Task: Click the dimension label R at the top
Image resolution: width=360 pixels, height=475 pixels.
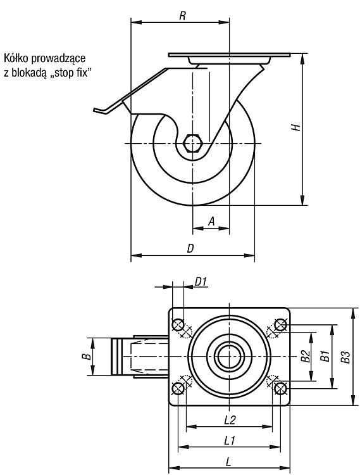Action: (182, 16)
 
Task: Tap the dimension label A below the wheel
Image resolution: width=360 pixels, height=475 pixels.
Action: (211, 221)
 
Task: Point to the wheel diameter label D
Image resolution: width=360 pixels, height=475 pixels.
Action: (190, 248)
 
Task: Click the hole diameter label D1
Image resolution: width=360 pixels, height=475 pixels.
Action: (201, 282)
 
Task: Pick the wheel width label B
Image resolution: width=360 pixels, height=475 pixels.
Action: (87, 356)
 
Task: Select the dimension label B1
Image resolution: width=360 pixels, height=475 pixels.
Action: (325, 356)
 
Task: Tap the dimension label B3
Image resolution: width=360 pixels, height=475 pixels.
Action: (345, 357)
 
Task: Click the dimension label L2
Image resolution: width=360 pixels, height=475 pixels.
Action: (230, 420)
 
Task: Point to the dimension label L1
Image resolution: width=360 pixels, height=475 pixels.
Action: (230, 440)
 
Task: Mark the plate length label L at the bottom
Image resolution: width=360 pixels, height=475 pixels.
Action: (228, 462)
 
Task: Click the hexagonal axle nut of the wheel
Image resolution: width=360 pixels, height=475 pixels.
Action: (192, 143)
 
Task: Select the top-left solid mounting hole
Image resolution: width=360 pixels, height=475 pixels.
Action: (178, 325)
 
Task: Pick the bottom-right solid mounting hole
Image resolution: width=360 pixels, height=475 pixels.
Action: (280, 388)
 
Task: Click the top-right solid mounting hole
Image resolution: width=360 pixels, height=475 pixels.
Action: (280, 325)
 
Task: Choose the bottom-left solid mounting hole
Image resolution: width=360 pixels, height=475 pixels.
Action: (178, 388)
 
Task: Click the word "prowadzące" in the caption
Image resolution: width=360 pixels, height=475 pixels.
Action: (58, 58)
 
